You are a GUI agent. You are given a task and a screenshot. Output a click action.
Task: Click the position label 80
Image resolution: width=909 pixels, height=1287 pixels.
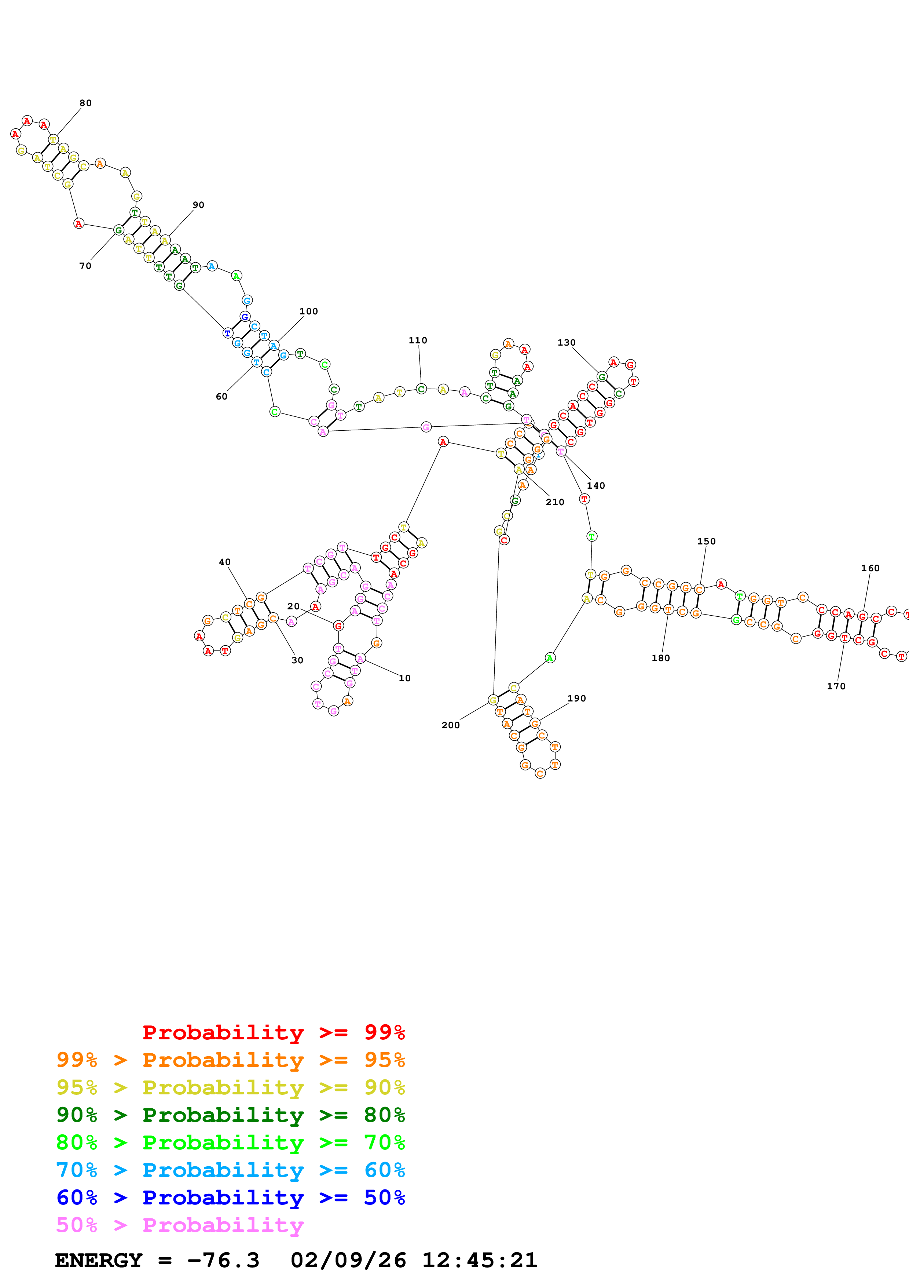[x=85, y=103]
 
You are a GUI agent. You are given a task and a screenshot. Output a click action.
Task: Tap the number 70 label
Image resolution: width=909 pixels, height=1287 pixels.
[x=85, y=266]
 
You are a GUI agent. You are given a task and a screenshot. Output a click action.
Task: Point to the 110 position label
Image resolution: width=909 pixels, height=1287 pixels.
[x=418, y=340]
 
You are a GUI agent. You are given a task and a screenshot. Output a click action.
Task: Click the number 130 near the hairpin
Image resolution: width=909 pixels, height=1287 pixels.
[x=566, y=343]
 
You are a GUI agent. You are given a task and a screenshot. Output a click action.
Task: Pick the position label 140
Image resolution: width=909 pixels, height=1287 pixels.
[x=596, y=485]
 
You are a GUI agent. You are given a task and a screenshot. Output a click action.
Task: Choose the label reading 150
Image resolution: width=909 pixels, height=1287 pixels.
[x=706, y=542]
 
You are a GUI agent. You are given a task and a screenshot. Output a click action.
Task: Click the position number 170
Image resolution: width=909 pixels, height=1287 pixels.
[x=836, y=686]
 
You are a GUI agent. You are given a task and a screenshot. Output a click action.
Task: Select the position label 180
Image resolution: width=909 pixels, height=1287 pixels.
[x=661, y=658]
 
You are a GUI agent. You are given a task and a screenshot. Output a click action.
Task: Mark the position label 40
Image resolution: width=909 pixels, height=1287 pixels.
[x=224, y=562]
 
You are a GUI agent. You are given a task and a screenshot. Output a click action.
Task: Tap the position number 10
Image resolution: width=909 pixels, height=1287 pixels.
[x=404, y=678]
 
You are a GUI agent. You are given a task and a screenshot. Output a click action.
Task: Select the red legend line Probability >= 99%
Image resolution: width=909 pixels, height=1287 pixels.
[x=274, y=1032]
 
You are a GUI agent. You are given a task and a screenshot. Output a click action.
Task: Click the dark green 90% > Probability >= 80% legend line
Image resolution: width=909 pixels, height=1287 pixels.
[x=231, y=1115]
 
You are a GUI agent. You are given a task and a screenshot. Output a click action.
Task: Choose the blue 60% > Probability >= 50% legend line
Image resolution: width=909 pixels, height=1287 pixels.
[x=231, y=1197]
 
